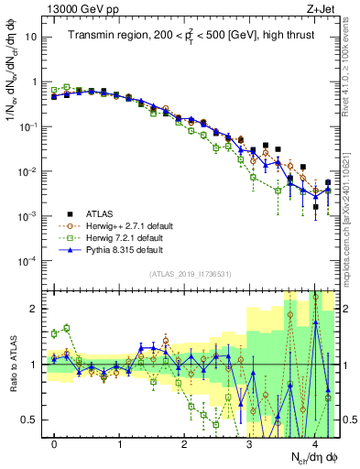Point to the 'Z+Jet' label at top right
[x=327, y=9]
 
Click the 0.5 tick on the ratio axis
[x=31, y=420]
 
